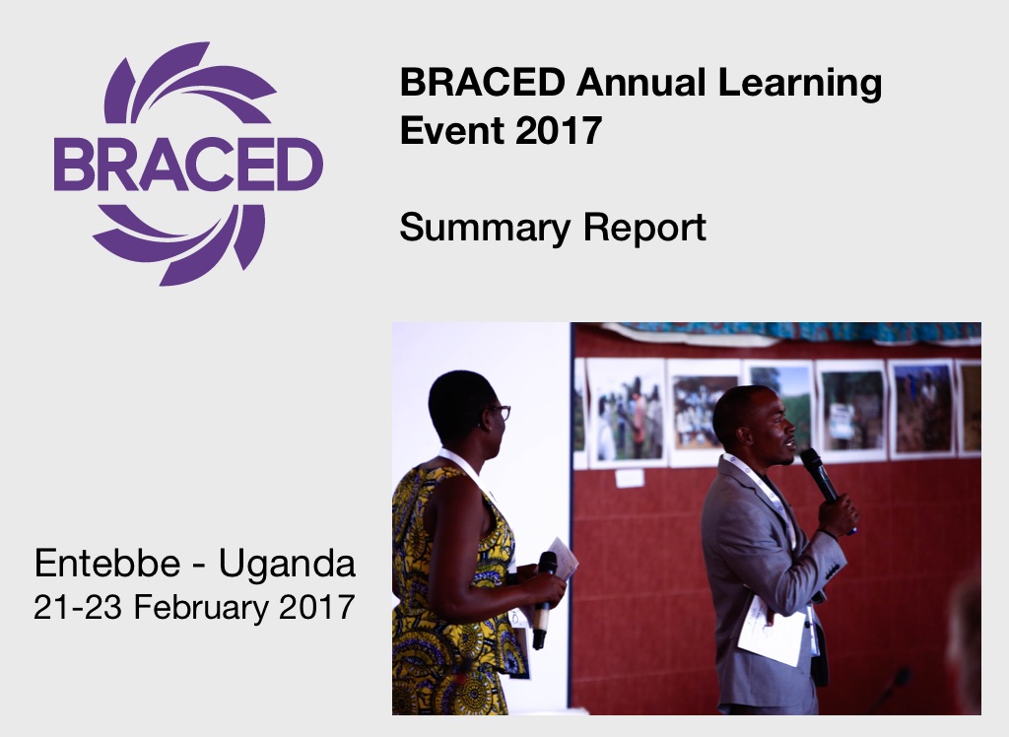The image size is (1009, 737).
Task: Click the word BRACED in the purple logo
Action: (x=188, y=164)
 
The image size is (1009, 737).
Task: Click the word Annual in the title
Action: (x=640, y=83)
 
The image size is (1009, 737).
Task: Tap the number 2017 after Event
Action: (x=559, y=130)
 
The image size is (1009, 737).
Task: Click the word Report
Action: (x=644, y=229)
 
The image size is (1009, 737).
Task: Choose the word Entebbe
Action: (x=107, y=564)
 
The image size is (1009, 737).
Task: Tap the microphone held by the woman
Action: (x=544, y=599)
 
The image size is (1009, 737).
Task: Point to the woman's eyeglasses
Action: (x=500, y=413)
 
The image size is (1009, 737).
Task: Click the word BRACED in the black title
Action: (x=483, y=83)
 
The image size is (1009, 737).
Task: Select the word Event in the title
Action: (x=451, y=130)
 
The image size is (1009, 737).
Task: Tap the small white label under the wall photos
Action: (x=630, y=478)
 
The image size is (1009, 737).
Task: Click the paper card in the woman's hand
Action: (x=563, y=558)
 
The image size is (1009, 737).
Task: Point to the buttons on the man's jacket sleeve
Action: (x=832, y=570)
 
